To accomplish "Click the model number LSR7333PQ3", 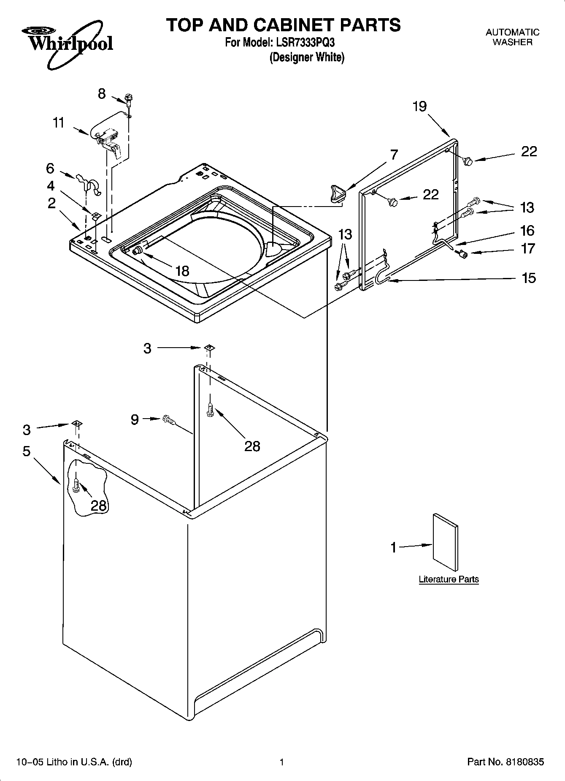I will (303, 43).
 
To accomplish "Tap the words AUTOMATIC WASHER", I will (512, 37).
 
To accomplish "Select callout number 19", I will (419, 106).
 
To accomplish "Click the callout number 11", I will (59, 123).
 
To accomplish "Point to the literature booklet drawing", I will (445, 542).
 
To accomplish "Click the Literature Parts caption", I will (449, 579).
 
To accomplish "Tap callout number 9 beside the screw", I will (135, 419).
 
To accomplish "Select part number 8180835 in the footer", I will (524, 762).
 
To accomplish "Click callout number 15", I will (529, 278).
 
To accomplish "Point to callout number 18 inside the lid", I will (182, 271).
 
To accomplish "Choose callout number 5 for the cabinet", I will (27, 451).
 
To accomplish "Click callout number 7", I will (393, 155).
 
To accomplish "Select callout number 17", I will (528, 248).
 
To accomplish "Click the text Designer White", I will (307, 57).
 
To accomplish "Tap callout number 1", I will (393, 547).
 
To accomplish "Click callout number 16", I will (527, 230).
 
